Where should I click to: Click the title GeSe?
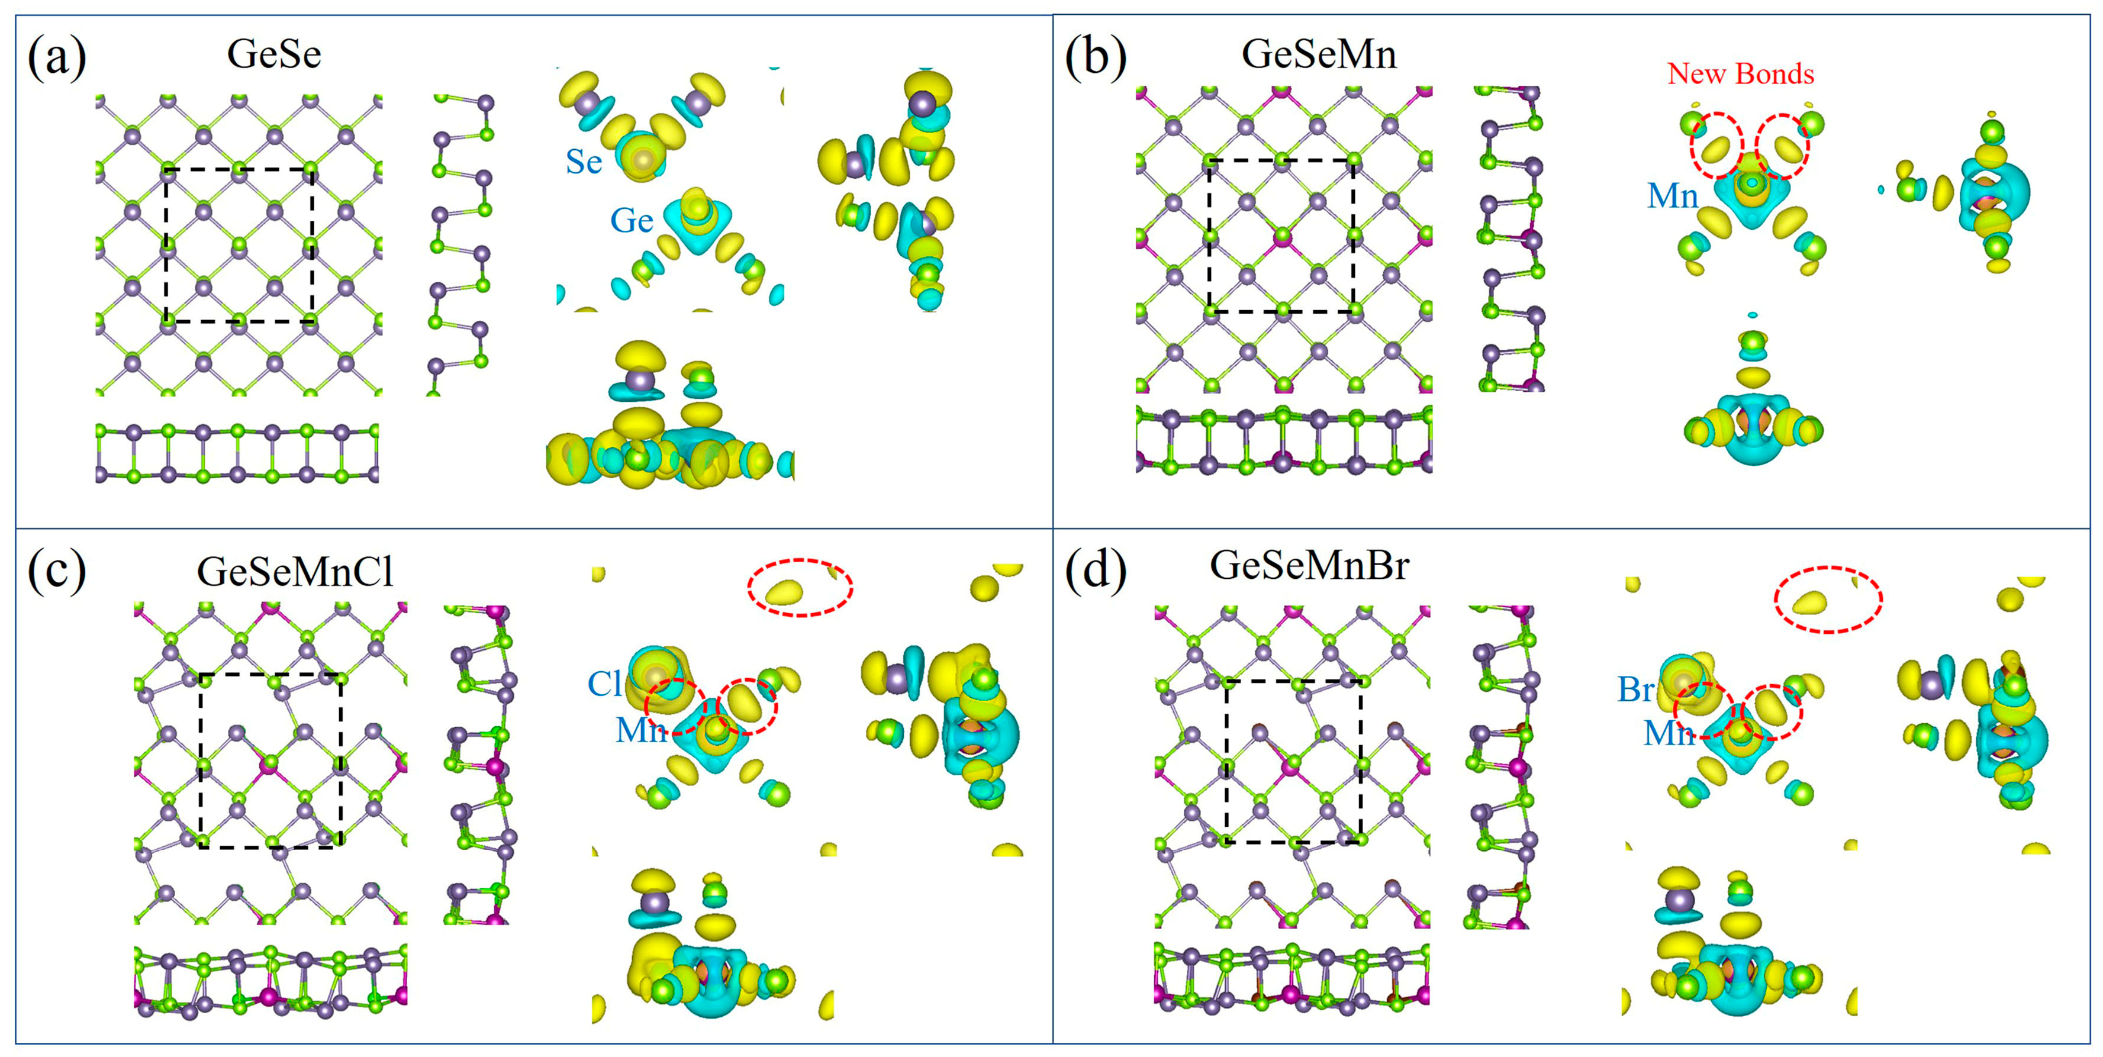pos(273,54)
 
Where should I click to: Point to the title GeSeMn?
pos(1319,54)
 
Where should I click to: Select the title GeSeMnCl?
pos(295,571)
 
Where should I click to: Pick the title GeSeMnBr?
pos(1309,565)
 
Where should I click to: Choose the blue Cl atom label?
pos(604,684)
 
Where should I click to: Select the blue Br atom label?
pos(1635,689)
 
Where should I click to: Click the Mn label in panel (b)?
pos(1672,196)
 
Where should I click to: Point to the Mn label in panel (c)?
pos(641,730)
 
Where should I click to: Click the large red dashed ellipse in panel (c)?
pos(800,587)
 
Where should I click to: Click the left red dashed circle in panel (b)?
pos(1716,145)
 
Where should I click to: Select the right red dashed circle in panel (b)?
pos(1783,145)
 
